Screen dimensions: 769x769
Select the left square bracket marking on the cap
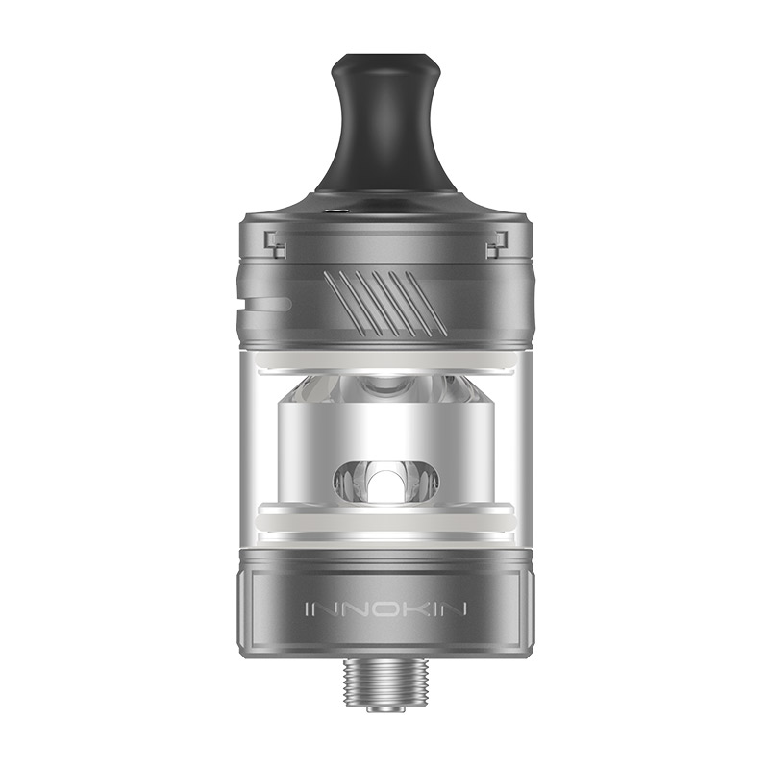point(276,245)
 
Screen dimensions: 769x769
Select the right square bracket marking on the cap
point(496,245)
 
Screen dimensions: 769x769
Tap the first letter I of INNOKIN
point(307,609)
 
